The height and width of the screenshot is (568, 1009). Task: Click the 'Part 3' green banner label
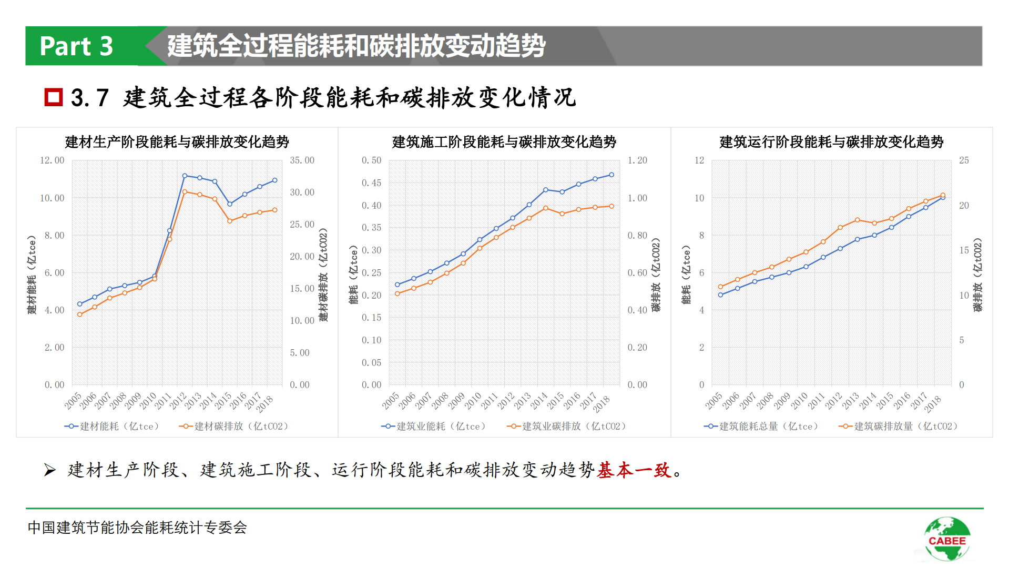click(x=77, y=46)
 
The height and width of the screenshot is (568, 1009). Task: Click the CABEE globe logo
click(x=947, y=539)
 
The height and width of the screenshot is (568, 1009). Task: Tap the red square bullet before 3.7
click(x=54, y=97)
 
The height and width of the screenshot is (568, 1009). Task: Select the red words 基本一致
click(x=634, y=470)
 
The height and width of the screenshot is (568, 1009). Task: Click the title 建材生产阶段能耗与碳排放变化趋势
click(x=177, y=142)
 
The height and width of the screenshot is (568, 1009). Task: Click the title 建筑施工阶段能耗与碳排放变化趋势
click(x=504, y=142)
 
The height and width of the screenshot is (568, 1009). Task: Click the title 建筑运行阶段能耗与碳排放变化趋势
click(x=831, y=142)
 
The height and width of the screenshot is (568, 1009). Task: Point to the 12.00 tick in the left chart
click(x=52, y=160)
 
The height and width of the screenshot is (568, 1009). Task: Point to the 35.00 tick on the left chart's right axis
click(x=302, y=160)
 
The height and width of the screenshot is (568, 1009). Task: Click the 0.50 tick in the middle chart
click(x=371, y=160)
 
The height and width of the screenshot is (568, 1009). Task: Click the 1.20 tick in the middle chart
click(x=637, y=160)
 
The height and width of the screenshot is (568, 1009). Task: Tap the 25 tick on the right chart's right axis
click(x=963, y=160)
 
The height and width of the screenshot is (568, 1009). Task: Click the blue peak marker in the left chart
click(x=185, y=176)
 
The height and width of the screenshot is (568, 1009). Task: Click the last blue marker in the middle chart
click(x=611, y=175)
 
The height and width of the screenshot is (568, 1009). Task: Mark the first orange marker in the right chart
click(x=720, y=287)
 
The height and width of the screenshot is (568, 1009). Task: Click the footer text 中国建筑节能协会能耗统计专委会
click(x=137, y=528)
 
